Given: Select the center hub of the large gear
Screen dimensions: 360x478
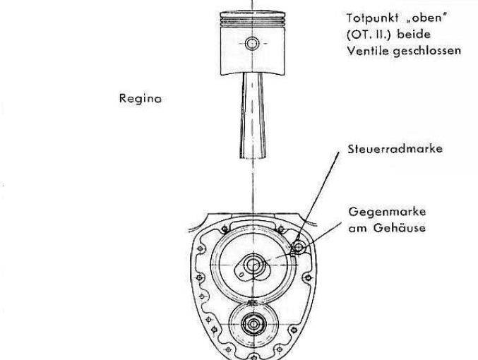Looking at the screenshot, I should tap(252, 266).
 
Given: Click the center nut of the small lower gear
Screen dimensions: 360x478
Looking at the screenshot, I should tap(252, 324).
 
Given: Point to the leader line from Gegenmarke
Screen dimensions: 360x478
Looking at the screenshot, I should tap(324, 233).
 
